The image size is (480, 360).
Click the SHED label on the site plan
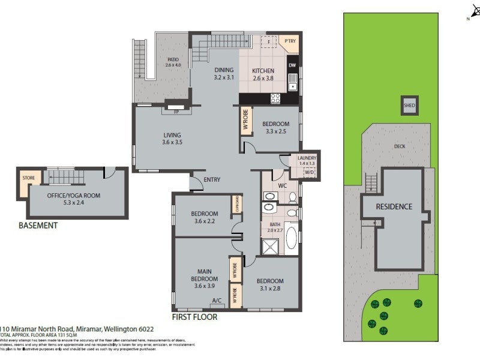(x=409, y=106)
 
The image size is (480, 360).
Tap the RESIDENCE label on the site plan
(x=394, y=207)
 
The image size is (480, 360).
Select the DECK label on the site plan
(x=400, y=146)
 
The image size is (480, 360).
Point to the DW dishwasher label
(x=292, y=65)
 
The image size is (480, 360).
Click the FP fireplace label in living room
(x=176, y=112)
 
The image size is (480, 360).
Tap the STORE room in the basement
(x=28, y=178)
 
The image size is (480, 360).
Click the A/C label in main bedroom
(x=217, y=301)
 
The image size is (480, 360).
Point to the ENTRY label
(x=212, y=180)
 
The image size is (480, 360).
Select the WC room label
(x=282, y=185)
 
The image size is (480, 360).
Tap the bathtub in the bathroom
(x=292, y=236)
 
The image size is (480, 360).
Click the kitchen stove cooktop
(x=276, y=99)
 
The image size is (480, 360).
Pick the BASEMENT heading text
(x=38, y=226)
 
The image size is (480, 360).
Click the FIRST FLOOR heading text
(x=194, y=317)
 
